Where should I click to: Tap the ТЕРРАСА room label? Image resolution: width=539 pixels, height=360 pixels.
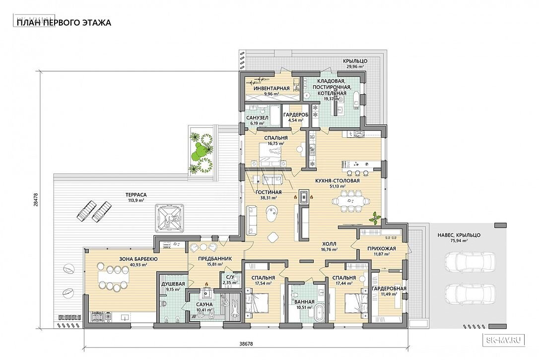pos(136,195)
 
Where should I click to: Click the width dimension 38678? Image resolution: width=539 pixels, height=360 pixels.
pos(246,344)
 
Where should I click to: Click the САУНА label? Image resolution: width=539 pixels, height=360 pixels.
pos(204,304)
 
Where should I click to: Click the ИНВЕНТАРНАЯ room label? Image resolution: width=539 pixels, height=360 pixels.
pos(271,88)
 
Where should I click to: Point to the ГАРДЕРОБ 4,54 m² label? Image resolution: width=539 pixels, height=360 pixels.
pos(296,117)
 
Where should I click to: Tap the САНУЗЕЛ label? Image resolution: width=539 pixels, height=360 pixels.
pos(257,118)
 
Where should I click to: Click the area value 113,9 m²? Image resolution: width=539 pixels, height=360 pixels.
pos(136,200)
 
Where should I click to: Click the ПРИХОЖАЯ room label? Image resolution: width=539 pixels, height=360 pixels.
pos(382,248)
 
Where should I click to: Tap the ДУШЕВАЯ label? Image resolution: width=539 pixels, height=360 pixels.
pos(173,284)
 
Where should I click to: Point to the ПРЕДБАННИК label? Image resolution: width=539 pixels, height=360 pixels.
pos(215,259)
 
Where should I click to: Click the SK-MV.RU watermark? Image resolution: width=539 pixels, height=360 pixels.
pos(505,340)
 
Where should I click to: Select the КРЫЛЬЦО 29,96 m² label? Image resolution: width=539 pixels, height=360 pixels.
pos(355,64)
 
